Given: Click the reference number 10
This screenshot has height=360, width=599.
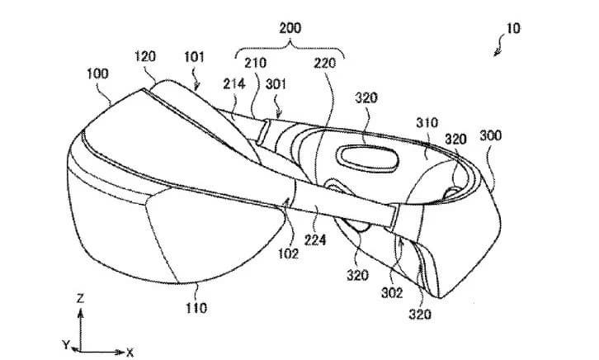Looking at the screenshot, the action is coord(513,29).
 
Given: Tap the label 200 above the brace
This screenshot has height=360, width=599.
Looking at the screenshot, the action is coord(290,28).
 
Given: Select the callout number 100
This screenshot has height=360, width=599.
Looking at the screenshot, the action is coord(97,73).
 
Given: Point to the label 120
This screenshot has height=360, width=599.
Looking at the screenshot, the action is coord(145,57).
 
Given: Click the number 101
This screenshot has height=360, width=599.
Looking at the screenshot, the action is coord(194,57).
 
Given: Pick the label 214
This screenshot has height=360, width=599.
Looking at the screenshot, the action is coord(233,83).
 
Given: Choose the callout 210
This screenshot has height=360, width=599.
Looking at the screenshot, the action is coord(256,63).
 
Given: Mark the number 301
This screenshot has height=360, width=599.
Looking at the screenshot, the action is coord(276,83).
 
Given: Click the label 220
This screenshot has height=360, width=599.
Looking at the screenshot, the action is coord(325,63).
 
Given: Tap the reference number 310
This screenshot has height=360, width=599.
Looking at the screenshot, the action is coord(427,123).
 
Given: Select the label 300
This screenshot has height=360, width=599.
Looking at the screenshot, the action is coord(491,135).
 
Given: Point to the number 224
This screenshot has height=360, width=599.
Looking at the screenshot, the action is coord(315,240).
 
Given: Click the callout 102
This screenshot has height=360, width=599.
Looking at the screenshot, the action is coord(288,253).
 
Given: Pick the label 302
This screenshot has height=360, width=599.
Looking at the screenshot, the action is coord(392,293).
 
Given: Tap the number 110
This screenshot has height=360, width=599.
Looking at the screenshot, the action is coord(196,308).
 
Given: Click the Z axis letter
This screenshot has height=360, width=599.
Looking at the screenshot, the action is coord(80,298).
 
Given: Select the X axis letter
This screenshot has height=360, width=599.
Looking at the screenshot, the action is coord(130,353).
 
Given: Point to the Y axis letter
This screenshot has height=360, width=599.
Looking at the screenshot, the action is coord(66,345).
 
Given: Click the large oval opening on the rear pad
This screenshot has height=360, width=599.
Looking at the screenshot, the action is coord(367,158).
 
